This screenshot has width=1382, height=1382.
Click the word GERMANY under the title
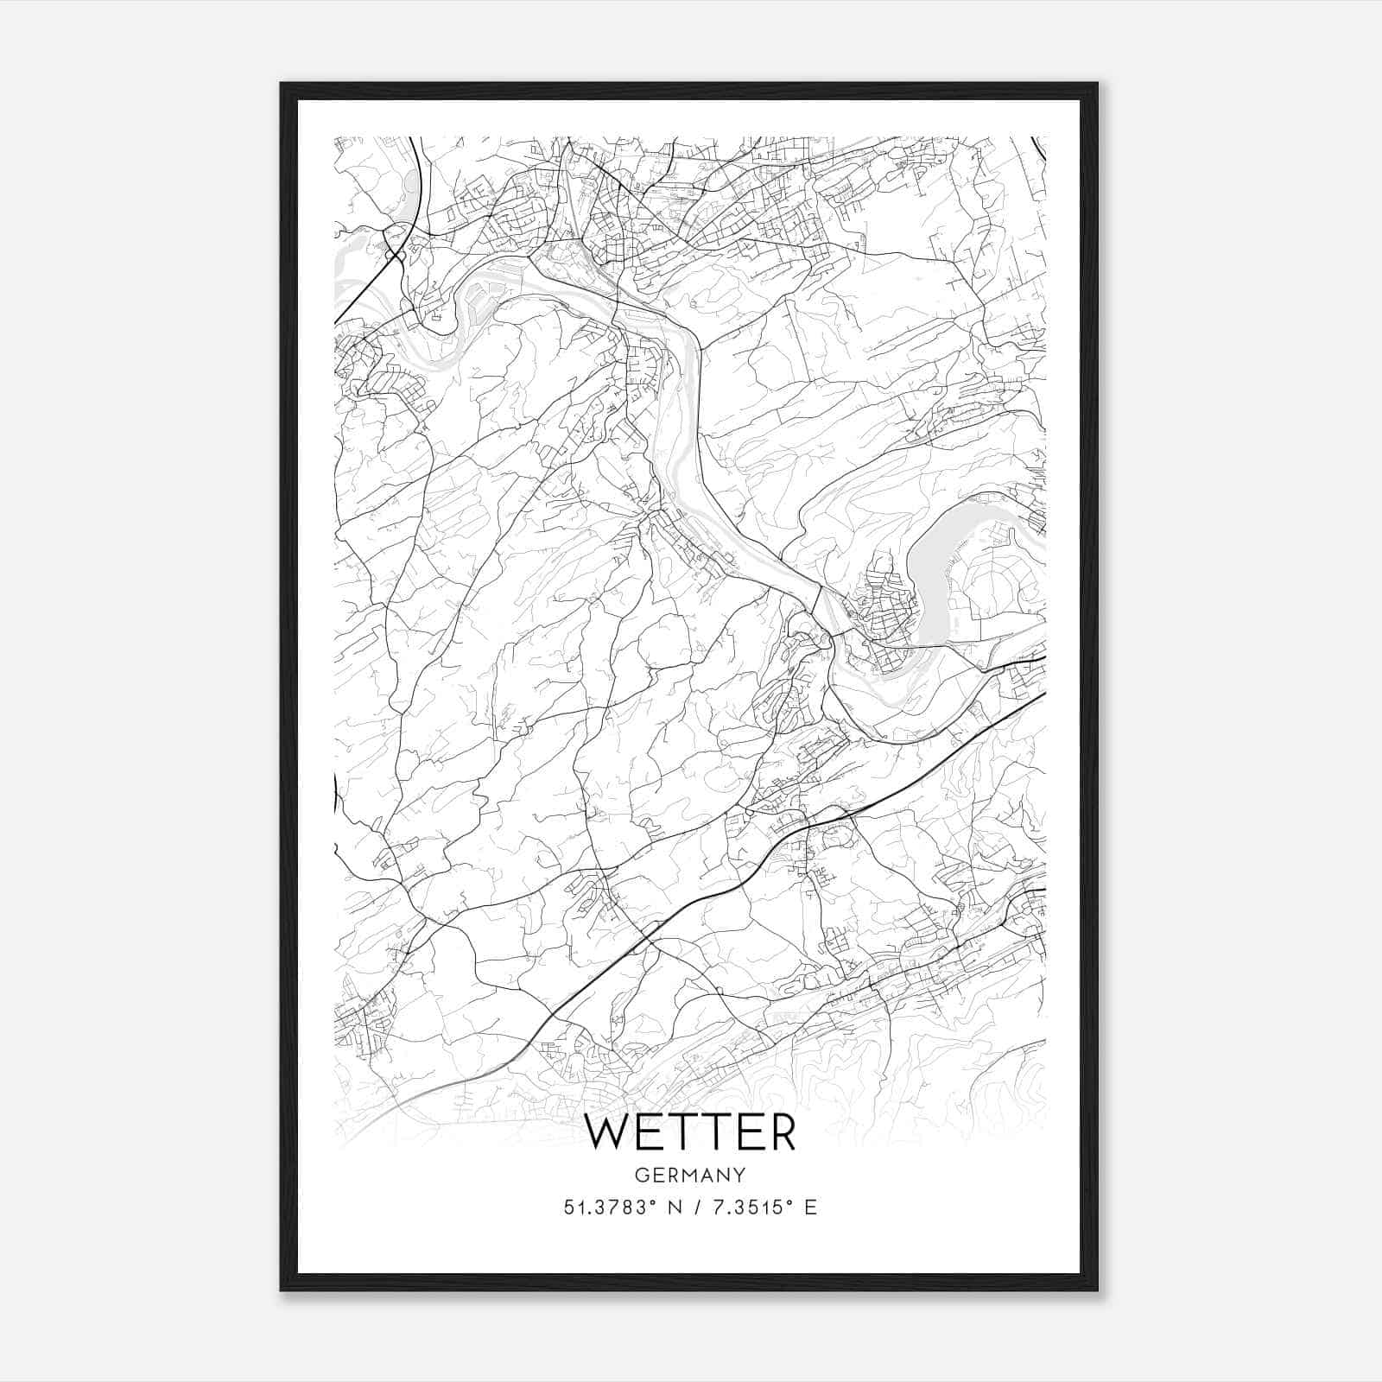(x=690, y=1176)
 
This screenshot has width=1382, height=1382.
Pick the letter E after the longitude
(x=810, y=1208)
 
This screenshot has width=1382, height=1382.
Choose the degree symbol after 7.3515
(x=788, y=1201)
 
